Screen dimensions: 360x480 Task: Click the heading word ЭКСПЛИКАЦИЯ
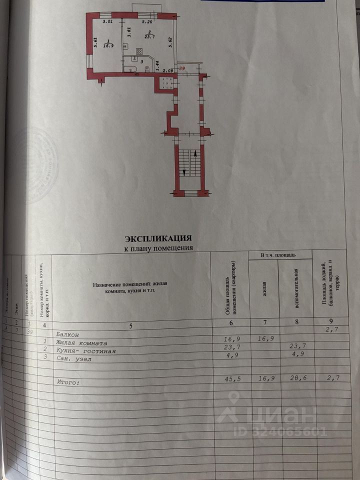tap(158, 238)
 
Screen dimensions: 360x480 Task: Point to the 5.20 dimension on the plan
tap(147, 22)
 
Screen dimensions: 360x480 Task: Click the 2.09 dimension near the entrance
tap(168, 70)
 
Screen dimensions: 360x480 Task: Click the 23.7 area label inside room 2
tap(149, 36)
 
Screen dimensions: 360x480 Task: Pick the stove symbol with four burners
tap(139, 51)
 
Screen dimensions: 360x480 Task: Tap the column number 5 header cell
tap(131, 326)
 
